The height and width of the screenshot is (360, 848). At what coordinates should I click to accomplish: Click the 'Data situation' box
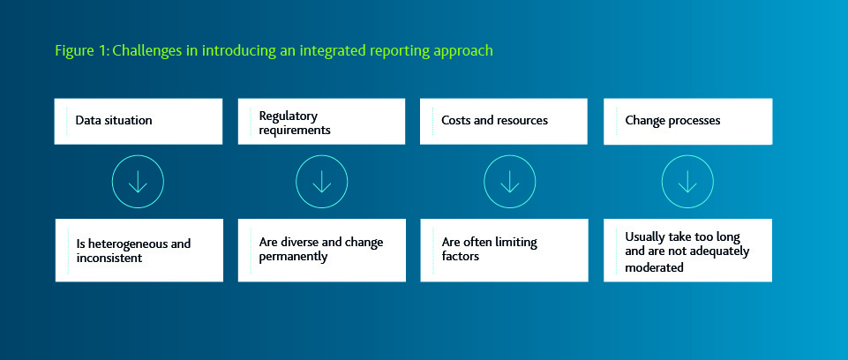139,121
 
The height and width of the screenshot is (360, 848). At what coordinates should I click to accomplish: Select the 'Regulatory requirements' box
322,122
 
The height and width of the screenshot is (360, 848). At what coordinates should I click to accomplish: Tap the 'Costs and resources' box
504,121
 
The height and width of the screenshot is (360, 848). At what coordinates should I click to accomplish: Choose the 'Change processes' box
687,121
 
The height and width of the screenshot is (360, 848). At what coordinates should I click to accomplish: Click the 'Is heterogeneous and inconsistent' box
139,250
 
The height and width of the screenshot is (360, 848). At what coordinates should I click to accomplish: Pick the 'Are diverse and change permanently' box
322,250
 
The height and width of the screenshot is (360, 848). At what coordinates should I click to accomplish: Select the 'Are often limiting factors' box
504,250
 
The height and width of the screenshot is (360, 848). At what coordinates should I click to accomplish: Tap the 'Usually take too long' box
687,251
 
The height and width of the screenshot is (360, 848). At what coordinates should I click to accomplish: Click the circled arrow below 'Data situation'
138,182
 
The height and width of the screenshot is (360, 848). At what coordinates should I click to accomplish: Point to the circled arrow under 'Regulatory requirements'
321,182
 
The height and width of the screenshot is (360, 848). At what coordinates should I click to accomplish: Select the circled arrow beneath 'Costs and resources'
509,182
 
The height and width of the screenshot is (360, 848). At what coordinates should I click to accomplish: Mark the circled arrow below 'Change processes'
687,182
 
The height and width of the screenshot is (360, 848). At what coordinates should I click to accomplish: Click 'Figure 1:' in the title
81,51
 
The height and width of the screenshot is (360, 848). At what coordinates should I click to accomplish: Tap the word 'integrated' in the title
341,51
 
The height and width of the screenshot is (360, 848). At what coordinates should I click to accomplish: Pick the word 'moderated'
654,267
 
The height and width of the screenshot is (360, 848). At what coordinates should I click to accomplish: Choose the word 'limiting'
516,243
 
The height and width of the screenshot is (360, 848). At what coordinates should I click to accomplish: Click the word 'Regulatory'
288,116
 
